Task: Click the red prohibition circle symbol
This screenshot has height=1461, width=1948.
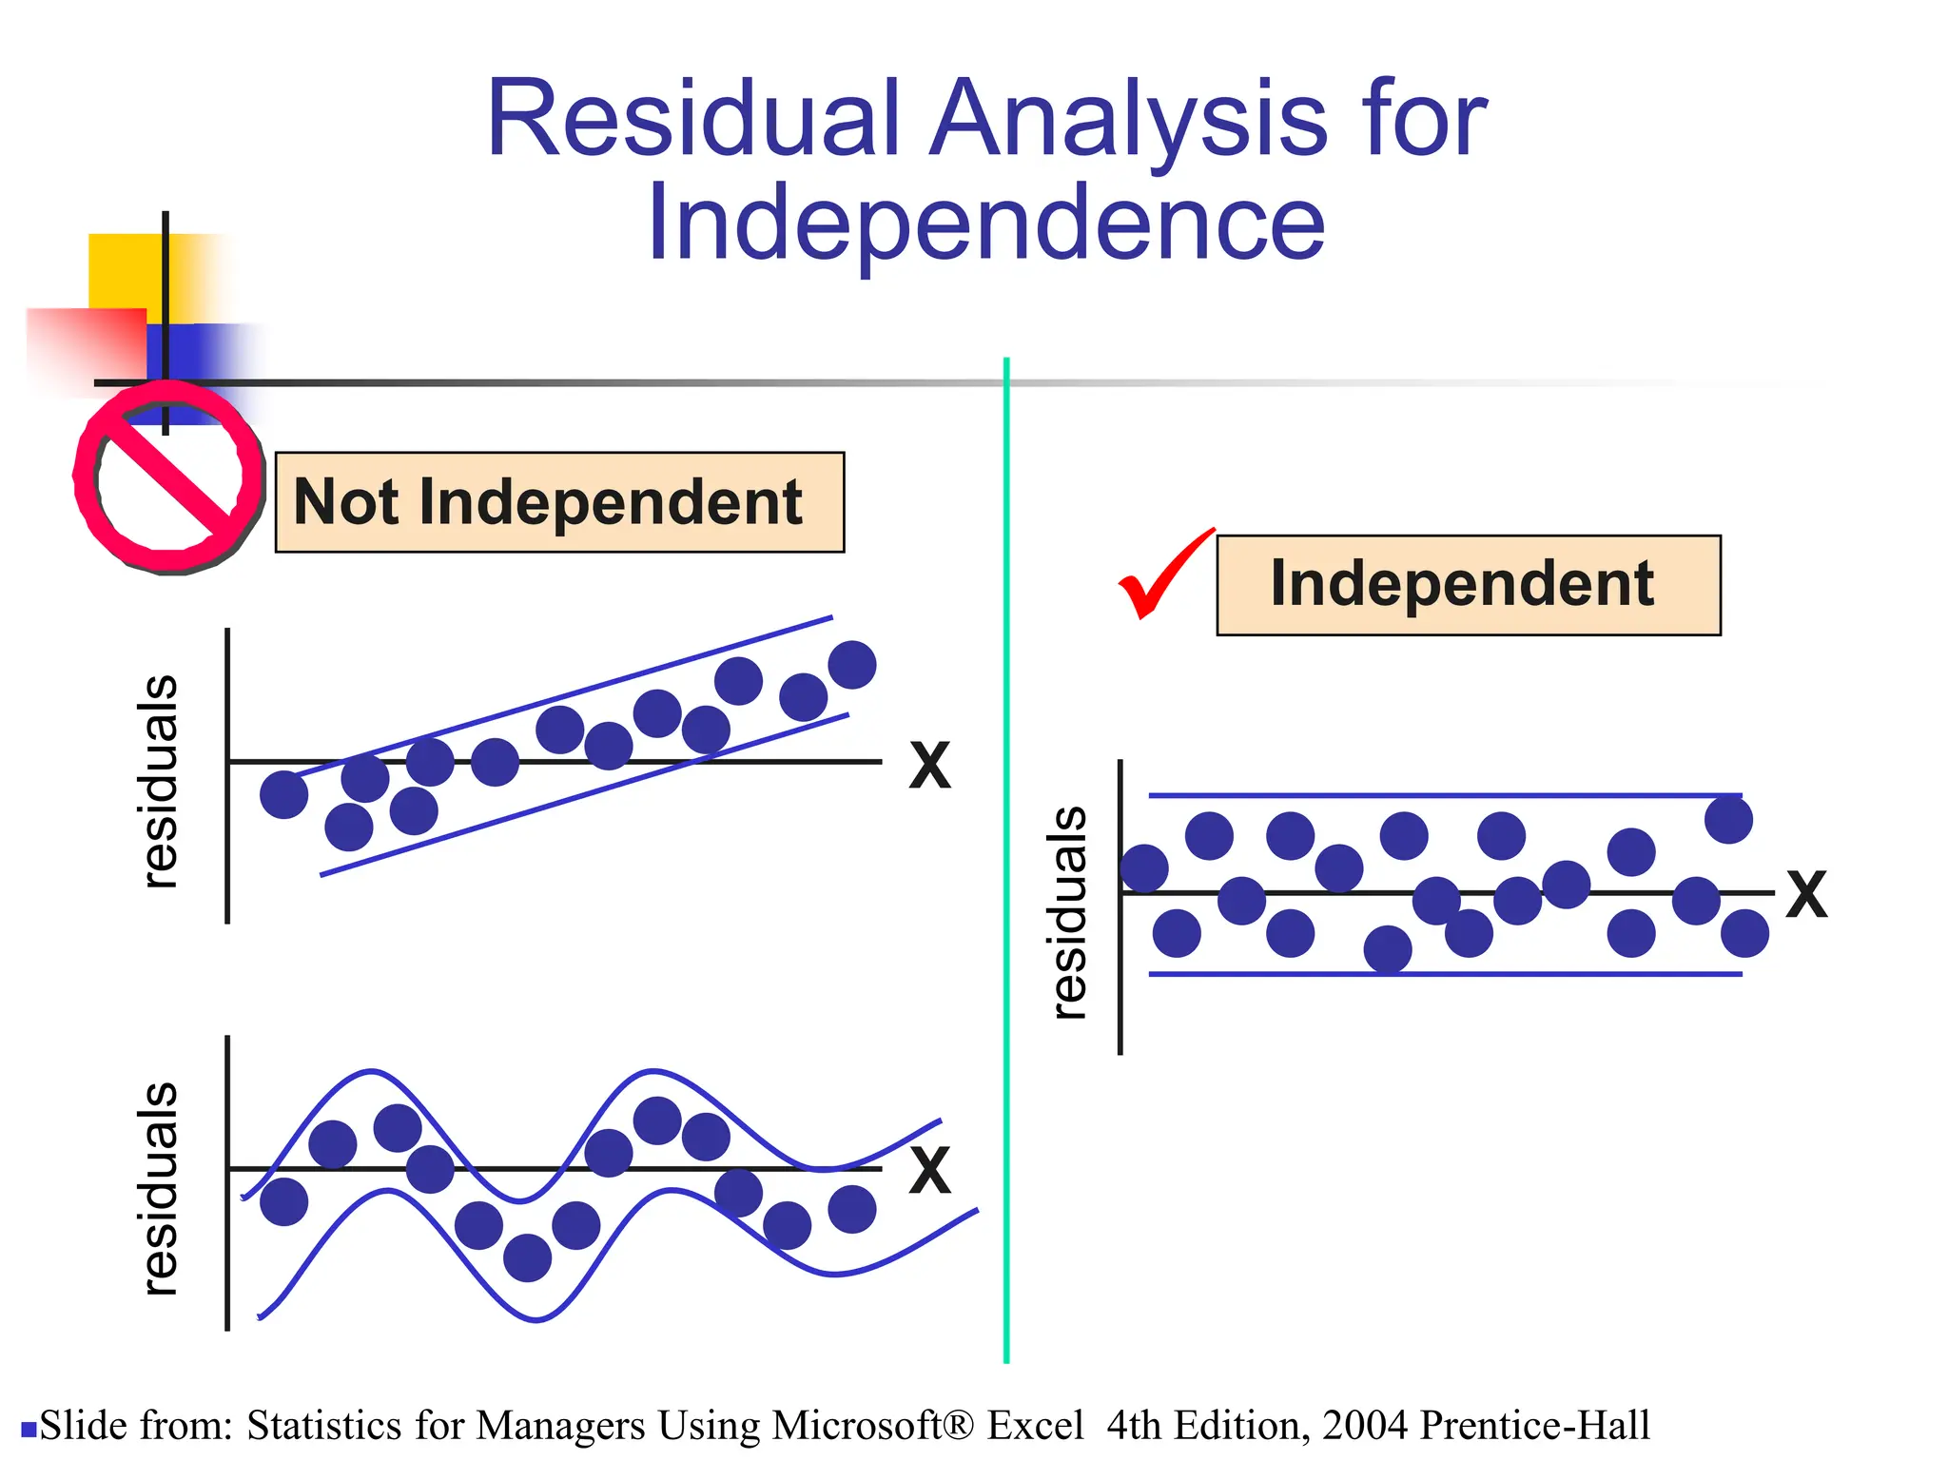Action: coord(169,477)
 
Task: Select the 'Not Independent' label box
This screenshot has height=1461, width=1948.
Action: coord(559,502)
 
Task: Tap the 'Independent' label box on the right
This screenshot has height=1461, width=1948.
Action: coord(1468,584)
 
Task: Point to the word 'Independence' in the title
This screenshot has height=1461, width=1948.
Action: coord(985,224)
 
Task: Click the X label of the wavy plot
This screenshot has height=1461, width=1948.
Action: coord(929,1171)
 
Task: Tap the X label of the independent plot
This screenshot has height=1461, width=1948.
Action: coord(1805,895)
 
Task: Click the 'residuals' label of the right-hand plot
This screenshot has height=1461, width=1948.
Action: coord(1069,913)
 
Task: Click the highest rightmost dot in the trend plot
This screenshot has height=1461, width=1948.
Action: coord(851,664)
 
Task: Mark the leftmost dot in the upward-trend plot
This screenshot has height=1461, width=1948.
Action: coord(283,793)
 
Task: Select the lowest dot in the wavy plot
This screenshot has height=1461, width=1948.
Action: coord(527,1257)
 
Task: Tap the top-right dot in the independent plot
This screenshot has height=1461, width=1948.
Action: coord(1728,819)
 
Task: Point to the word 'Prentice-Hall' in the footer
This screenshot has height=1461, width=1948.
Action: coord(1534,1426)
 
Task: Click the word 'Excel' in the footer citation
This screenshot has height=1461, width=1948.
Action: coord(1035,1426)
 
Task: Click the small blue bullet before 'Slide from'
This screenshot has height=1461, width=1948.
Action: coord(29,1429)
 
